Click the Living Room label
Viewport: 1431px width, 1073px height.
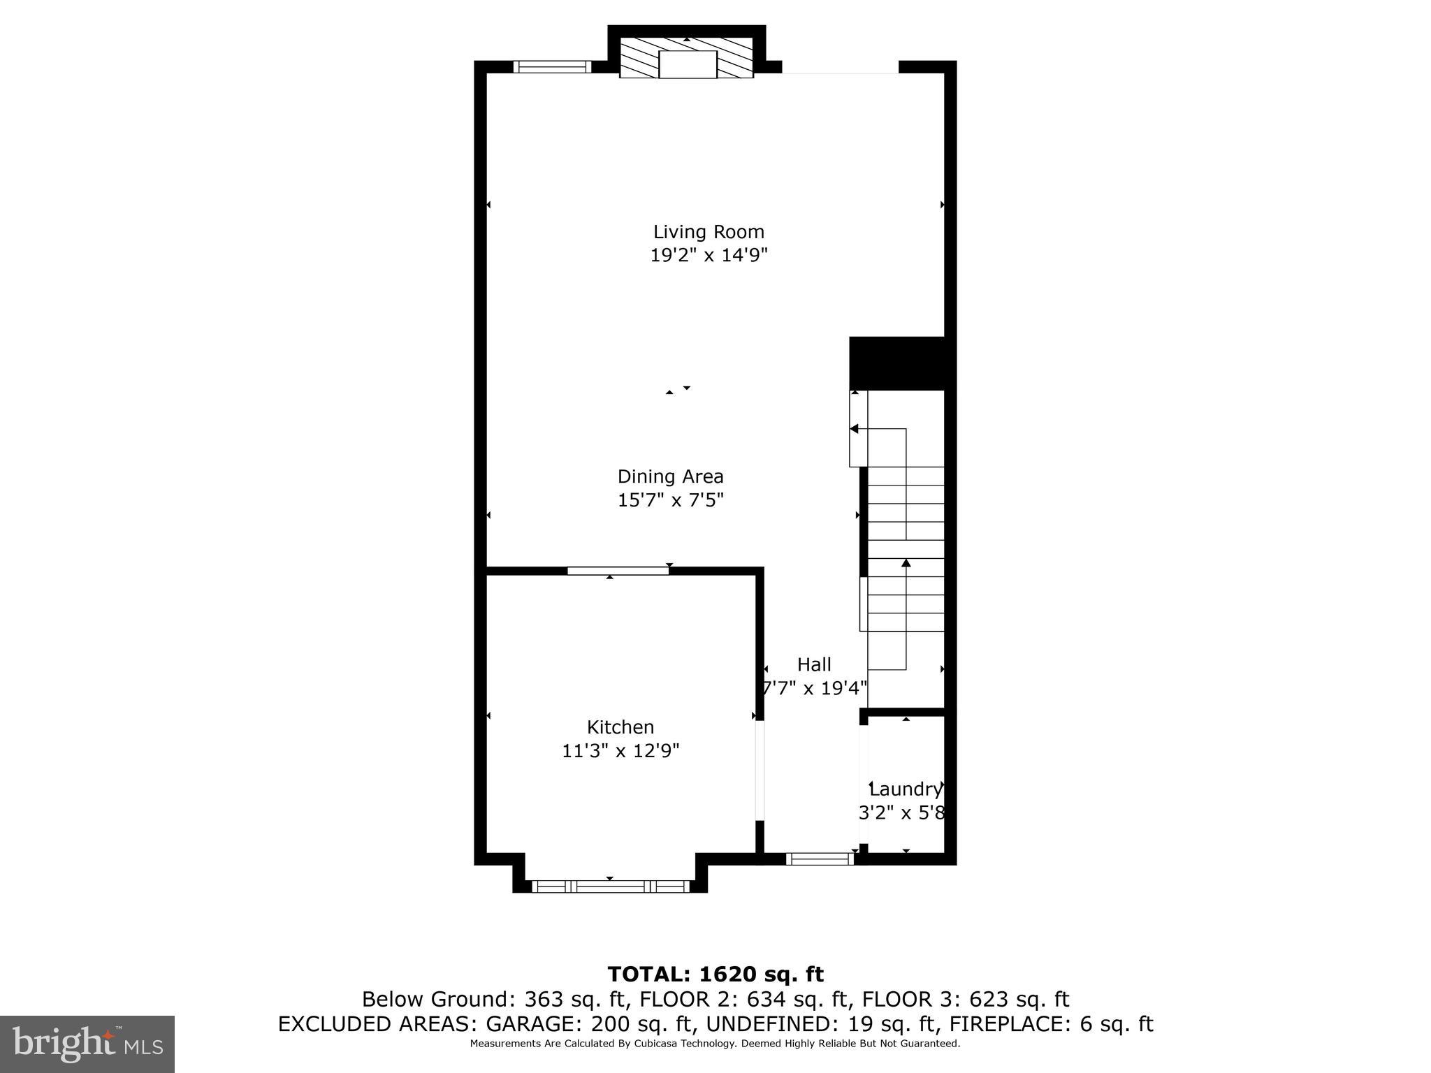tap(709, 232)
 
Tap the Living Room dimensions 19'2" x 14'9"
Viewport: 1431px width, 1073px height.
tap(709, 255)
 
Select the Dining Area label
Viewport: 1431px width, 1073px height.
tap(671, 476)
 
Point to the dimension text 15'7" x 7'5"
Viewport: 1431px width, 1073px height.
tap(671, 500)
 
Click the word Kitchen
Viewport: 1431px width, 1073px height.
tap(620, 727)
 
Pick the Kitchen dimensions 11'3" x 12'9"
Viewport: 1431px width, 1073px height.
tap(620, 751)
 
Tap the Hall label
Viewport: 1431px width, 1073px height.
tap(814, 664)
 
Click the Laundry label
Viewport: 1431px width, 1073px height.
tap(906, 789)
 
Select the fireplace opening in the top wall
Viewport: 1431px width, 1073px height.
tap(688, 64)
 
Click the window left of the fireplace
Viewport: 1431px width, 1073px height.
tap(553, 67)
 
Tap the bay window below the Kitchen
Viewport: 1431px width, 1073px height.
tap(610, 886)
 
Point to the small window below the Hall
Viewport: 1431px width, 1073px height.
tap(820, 859)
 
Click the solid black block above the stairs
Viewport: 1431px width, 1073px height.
tap(897, 363)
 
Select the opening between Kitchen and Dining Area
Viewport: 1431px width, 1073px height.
tap(618, 571)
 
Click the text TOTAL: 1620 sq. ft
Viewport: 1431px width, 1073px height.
tap(715, 974)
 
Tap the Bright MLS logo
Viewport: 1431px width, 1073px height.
tap(87, 1044)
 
